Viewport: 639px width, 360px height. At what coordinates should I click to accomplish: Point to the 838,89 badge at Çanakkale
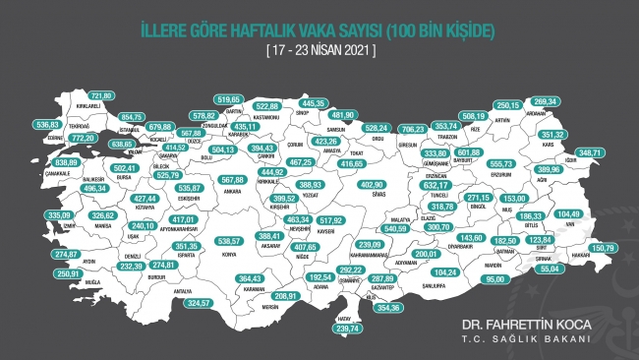pos(40,161)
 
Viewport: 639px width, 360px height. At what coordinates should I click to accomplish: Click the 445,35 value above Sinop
pos(313,103)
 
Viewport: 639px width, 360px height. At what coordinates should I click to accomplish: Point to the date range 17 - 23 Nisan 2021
pos(319,48)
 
